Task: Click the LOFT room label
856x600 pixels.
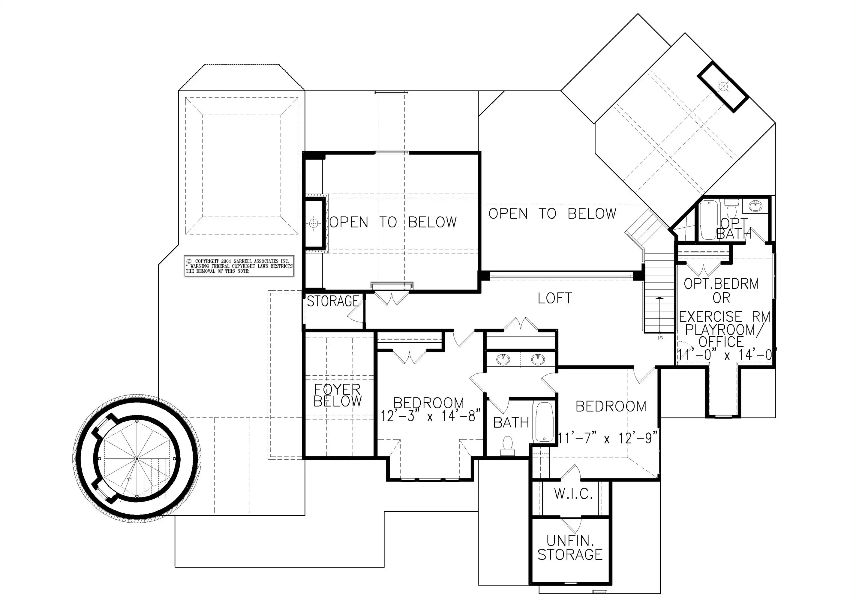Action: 554,298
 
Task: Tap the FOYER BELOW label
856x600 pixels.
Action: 338,395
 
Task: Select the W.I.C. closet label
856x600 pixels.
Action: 573,494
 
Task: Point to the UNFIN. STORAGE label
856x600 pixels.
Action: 570,548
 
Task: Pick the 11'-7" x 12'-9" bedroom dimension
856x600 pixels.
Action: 608,438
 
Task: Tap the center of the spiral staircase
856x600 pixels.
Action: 137,458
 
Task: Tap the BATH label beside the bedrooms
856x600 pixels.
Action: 511,423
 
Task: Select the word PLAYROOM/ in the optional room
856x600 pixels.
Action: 720,329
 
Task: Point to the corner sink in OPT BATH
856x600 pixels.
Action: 755,206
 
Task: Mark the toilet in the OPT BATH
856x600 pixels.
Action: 731,208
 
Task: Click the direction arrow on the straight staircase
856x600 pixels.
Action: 660,315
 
